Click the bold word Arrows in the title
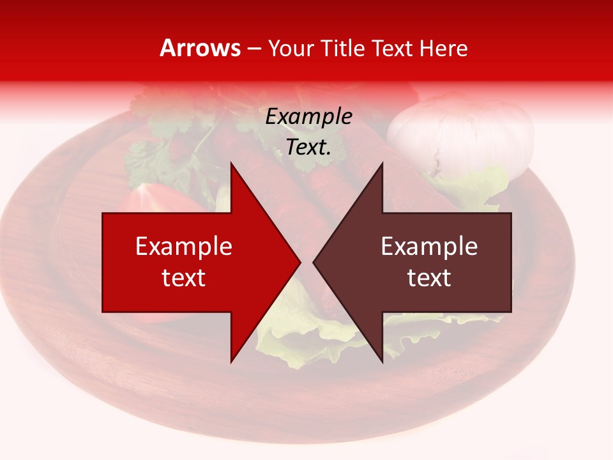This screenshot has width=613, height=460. click(x=201, y=48)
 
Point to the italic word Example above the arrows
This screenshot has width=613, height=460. click(x=309, y=117)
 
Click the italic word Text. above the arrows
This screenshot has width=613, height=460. click(x=309, y=148)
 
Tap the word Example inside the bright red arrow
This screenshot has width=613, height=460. click(x=184, y=247)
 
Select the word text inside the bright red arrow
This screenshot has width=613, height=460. click(x=184, y=278)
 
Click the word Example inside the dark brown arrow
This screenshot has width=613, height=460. click(x=429, y=247)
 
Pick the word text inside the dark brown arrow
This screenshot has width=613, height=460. click(x=429, y=278)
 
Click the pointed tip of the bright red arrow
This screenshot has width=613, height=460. click(x=299, y=262)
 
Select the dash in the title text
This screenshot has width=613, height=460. click(x=254, y=49)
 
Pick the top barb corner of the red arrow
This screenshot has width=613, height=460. click(x=231, y=164)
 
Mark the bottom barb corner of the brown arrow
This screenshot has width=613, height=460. click(x=382, y=362)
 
